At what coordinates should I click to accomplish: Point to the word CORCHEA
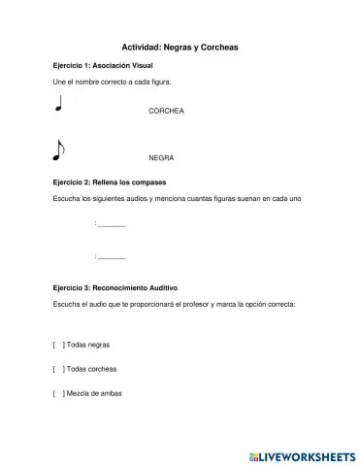click(x=166, y=112)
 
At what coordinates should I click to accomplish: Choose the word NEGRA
click(x=161, y=157)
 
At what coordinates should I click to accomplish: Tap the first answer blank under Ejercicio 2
click(x=112, y=225)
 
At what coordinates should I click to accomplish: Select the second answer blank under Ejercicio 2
click(x=112, y=256)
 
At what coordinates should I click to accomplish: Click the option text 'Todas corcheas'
click(x=91, y=369)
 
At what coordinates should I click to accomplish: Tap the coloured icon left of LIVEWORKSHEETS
click(x=254, y=453)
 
